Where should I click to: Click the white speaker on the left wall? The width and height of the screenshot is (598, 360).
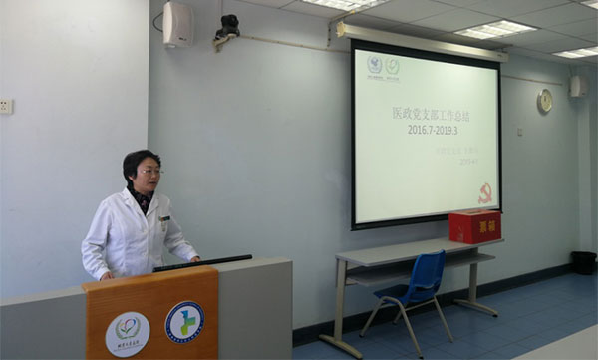[x=178, y=24]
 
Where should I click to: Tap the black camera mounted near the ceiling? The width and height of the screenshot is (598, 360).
[x=227, y=28]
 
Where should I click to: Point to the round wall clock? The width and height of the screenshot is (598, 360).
[x=544, y=101]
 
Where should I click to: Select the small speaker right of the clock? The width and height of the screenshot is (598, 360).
[x=578, y=87]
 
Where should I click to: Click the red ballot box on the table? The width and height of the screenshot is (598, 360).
[x=474, y=226]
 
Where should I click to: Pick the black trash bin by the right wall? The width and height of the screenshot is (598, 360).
[x=583, y=262]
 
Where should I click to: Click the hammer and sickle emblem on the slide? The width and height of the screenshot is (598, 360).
[x=485, y=193]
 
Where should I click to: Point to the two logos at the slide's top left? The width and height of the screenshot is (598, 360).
[x=383, y=67]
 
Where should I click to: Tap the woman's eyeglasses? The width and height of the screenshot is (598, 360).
[x=150, y=172]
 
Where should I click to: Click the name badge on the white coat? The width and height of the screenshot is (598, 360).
[x=164, y=218]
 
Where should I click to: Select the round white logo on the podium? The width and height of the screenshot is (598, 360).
[x=128, y=333]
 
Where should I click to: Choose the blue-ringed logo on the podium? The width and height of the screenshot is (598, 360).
[x=184, y=322]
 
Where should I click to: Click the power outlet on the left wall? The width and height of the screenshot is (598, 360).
[x=5, y=106]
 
